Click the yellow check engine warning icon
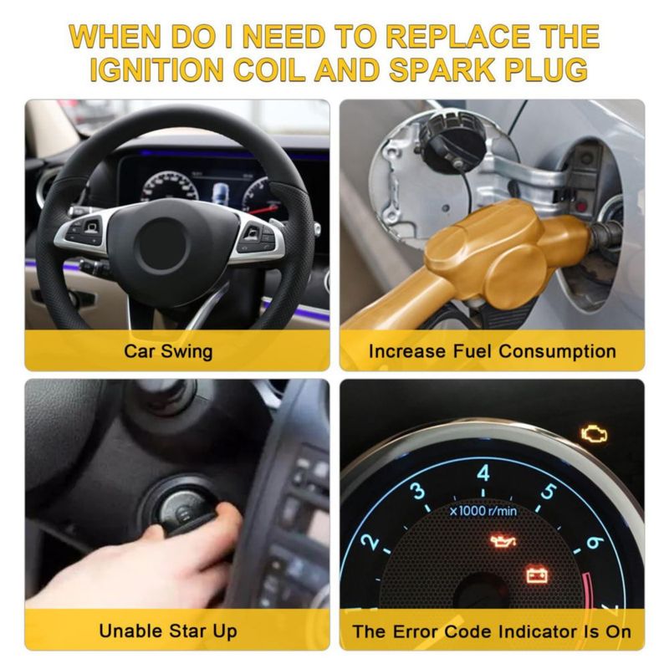pyautogui.click(x=594, y=433)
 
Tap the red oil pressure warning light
pyautogui.click(x=503, y=541)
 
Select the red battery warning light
pyautogui.click(x=537, y=574)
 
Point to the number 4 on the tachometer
pyautogui.click(x=483, y=472)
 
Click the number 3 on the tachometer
pyautogui.click(x=419, y=491)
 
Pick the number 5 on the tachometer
pyautogui.click(x=549, y=492)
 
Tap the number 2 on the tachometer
pyautogui.click(x=370, y=541)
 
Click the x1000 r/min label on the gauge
pyautogui.click(x=483, y=510)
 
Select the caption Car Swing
pyautogui.click(x=168, y=351)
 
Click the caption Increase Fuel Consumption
pyautogui.click(x=493, y=351)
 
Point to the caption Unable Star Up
pyautogui.click(x=168, y=631)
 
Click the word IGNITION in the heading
pyautogui.click(x=156, y=69)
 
